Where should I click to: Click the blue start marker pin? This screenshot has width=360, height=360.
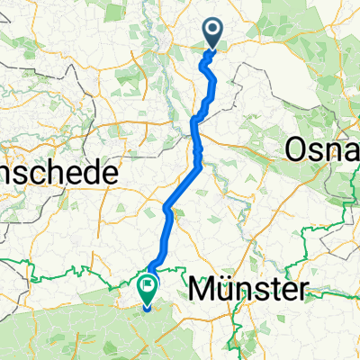coord(213,33)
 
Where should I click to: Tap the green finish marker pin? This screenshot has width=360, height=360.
coord(145,289)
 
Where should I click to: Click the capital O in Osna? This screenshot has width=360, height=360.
coord(297,150)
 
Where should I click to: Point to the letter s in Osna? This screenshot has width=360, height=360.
coord(316,152)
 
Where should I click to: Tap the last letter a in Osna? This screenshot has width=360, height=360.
coord(351,152)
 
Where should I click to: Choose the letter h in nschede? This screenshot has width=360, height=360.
coord(52,173)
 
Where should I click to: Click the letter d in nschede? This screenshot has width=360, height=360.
coord(91,173)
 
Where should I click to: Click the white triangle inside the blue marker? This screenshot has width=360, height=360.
coord(213,30)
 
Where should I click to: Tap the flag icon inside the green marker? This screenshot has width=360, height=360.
coord(145,285)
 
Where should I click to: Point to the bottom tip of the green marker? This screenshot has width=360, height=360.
coord(145,305)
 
